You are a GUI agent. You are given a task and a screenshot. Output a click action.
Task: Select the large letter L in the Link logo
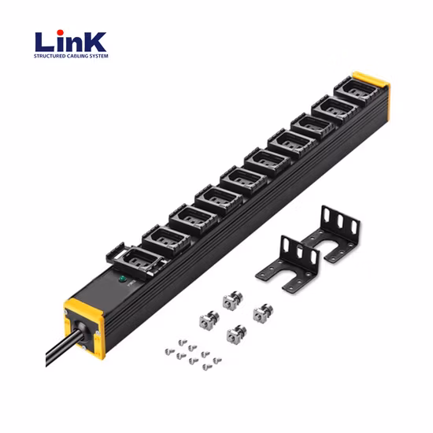[46, 41]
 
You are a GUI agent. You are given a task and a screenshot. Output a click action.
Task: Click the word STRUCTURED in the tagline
[51, 57]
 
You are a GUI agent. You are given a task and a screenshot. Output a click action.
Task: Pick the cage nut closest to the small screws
[234, 335]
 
